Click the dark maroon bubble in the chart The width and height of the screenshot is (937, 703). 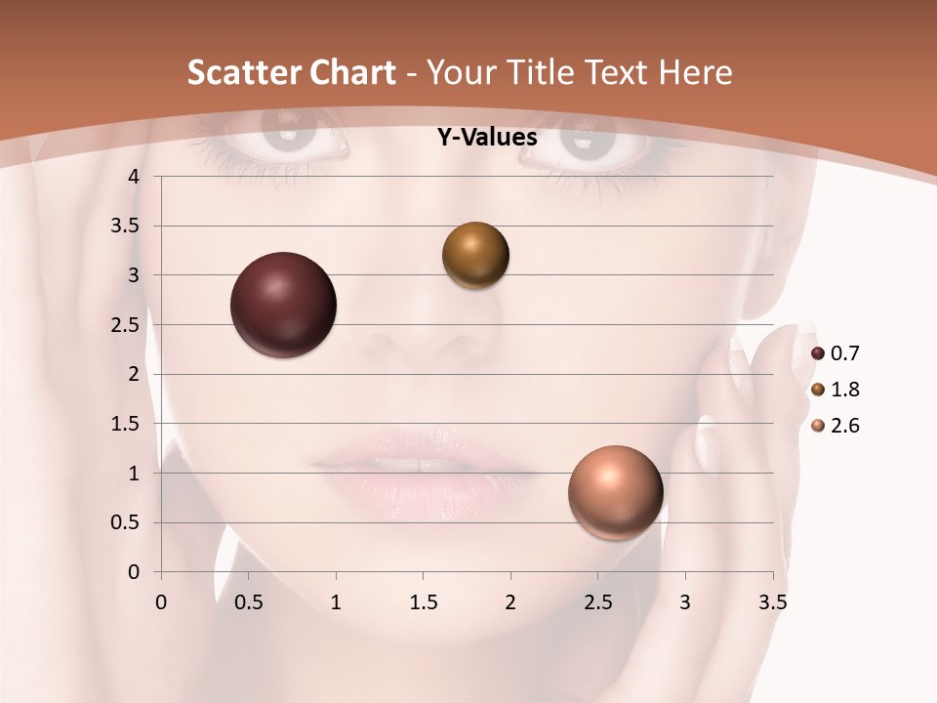click(x=283, y=305)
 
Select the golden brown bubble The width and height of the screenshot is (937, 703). click(x=475, y=256)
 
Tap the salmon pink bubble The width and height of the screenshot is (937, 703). click(x=615, y=493)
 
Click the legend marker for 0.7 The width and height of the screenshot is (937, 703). click(x=818, y=353)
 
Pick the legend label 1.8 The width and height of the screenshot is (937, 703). click(x=844, y=390)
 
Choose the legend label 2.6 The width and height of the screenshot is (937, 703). click(x=844, y=426)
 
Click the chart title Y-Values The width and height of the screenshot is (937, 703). click(x=486, y=138)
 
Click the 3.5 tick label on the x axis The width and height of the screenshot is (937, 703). click(x=772, y=602)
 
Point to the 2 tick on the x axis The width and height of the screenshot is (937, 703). click(x=509, y=602)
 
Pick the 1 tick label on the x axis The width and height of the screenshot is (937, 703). click(x=336, y=602)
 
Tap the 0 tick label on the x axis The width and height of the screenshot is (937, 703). click(x=161, y=602)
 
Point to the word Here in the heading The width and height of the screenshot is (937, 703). click(x=696, y=72)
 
